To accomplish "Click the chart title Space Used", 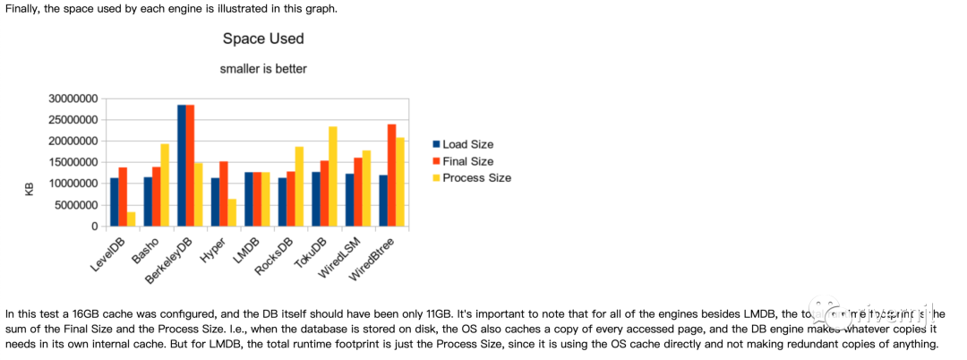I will coord(262,39).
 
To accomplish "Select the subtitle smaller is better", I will coord(263,68).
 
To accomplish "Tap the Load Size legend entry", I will coord(467,144).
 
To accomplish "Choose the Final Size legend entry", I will coord(466,161).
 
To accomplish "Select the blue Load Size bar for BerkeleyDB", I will coord(182,166).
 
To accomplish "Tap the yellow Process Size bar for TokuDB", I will coord(333,176).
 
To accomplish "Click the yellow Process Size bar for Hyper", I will coord(233,212).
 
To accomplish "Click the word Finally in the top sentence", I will coord(22,8).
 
